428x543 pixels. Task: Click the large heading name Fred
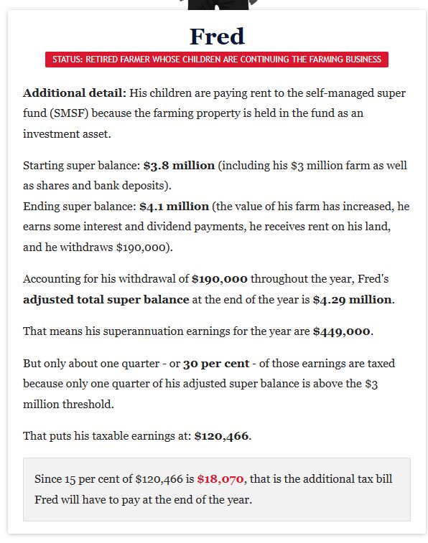[x=217, y=36]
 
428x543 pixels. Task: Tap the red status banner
[x=217, y=60]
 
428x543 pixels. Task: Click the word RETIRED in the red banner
[x=103, y=60]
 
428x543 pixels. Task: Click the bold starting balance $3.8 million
[x=179, y=165]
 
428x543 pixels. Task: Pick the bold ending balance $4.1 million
[x=174, y=206]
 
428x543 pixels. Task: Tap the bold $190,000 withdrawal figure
[x=220, y=279]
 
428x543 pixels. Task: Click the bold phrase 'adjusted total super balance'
[x=106, y=299]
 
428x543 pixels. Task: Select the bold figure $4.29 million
[x=352, y=299]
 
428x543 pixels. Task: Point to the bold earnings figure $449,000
[x=341, y=331]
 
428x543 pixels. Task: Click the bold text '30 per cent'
[x=216, y=363]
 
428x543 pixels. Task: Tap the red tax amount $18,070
[x=221, y=478]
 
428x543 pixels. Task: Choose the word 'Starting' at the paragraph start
[x=45, y=165]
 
